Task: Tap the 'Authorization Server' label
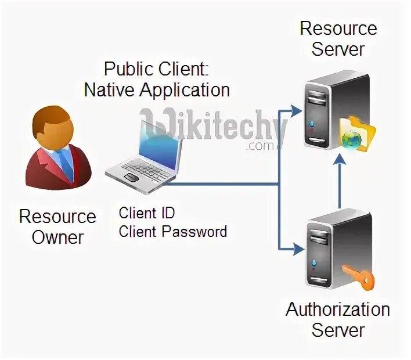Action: (337, 319)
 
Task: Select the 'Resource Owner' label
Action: (57, 226)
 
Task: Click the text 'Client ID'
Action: (147, 213)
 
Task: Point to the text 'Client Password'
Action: (172, 232)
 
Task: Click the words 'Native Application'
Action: (157, 90)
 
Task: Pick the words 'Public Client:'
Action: (156, 69)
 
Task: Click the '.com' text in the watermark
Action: (259, 146)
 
